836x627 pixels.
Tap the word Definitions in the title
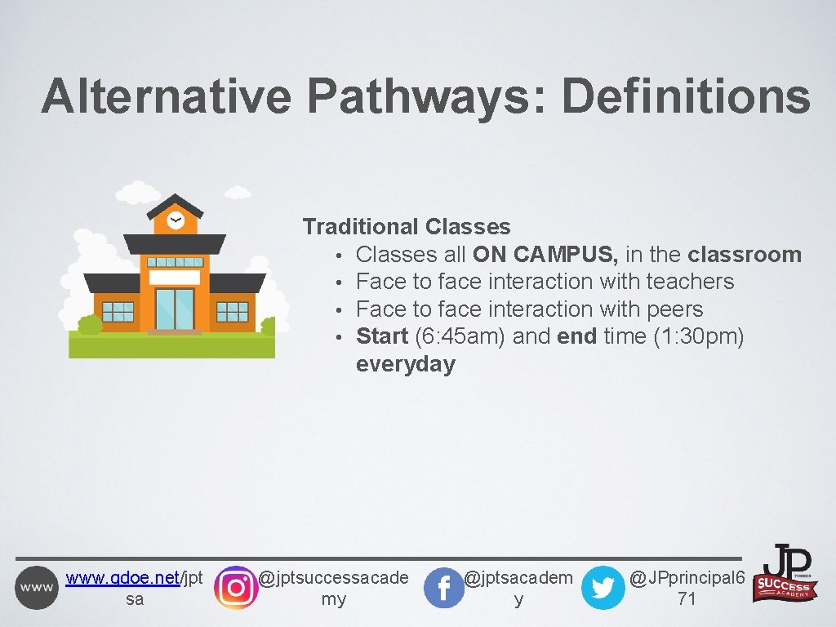coord(686,96)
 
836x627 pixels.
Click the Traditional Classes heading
coord(407,227)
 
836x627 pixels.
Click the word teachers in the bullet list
coord(690,282)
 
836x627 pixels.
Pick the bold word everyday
coord(405,364)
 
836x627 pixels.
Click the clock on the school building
coord(175,220)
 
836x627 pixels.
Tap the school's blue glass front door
coord(175,309)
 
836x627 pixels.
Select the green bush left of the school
coord(89,325)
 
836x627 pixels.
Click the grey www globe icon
coord(37,587)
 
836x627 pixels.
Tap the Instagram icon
coord(235,587)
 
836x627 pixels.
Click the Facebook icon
coord(444,588)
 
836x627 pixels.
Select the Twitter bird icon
coord(603,588)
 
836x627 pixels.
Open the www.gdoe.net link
coord(122,579)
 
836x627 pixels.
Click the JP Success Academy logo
coord(787,574)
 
